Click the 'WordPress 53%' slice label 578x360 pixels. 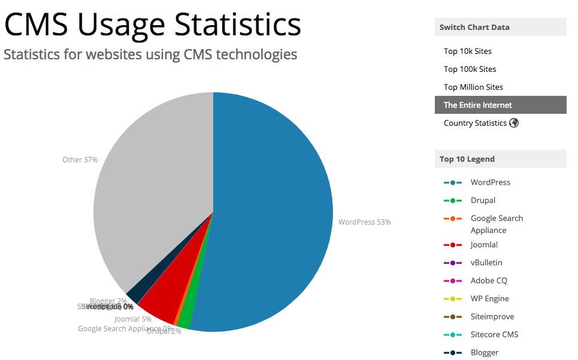(x=364, y=222)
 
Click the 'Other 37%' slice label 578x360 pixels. (x=80, y=160)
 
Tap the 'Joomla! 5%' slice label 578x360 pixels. (x=133, y=319)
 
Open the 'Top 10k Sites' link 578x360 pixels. (x=467, y=52)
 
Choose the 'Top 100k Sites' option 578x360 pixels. (x=470, y=69)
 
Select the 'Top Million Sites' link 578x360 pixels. (x=473, y=87)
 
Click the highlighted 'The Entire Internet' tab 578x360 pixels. (x=477, y=105)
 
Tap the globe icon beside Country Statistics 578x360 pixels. (x=514, y=123)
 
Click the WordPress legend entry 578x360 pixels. (x=490, y=183)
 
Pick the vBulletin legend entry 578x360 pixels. (x=486, y=263)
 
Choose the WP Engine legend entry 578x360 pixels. (x=489, y=299)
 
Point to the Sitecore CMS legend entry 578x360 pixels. (x=494, y=335)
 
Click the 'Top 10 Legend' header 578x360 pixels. (x=467, y=159)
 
